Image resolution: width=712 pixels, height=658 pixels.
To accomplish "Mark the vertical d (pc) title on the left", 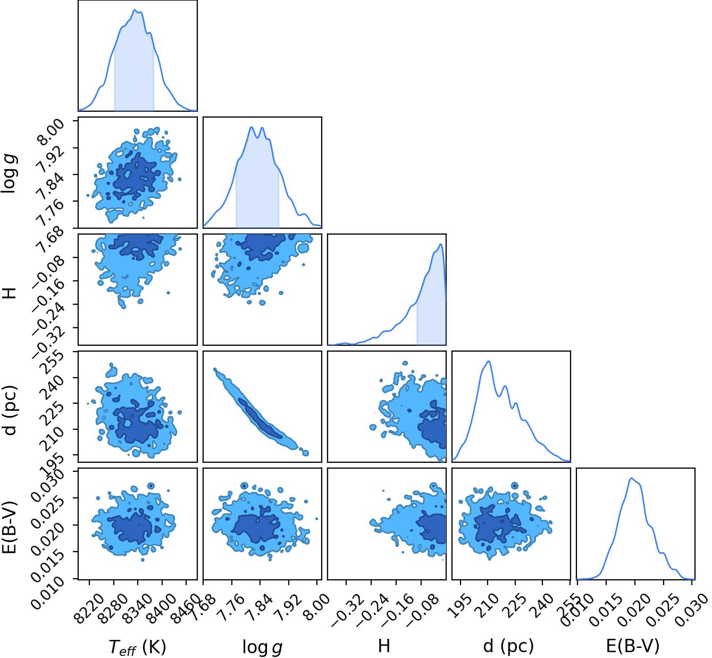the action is point(10,410).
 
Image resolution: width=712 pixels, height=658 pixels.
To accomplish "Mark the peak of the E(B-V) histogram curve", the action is point(631,479).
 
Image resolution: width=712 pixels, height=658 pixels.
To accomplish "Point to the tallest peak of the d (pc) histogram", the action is point(489,361).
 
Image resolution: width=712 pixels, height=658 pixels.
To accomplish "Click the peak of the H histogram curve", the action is point(441,244).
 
